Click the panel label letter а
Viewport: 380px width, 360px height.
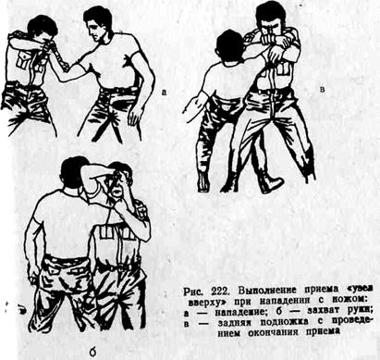coord(164,92)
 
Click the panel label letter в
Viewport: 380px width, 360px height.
coord(323,90)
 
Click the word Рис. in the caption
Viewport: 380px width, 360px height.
coord(193,292)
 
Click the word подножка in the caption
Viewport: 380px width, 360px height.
coord(285,322)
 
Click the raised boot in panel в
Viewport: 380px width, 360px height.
coord(270,182)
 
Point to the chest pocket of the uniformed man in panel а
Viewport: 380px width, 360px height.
coord(23,60)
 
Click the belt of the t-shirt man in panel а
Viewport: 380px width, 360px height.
coord(118,91)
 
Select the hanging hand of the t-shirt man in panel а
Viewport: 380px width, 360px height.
coord(136,117)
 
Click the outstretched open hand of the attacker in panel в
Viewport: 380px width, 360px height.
coord(190,106)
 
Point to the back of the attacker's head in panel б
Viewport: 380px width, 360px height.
coord(71,170)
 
